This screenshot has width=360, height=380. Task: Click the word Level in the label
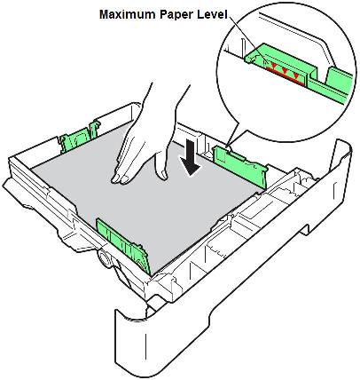[x=213, y=14]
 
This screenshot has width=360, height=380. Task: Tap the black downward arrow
[x=190, y=157]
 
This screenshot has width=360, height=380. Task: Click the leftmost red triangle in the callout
[x=274, y=65]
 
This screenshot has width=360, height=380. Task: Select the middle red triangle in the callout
[x=285, y=70]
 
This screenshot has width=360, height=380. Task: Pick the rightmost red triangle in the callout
[x=296, y=76]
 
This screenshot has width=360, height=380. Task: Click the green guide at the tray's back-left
[x=79, y=136]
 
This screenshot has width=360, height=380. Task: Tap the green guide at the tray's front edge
[x=122, y=245]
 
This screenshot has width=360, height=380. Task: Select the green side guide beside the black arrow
[x=240, y=166]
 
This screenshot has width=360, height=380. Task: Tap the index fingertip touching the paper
[x=116, y=178]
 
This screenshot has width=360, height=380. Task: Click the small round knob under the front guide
[x=104, y=257]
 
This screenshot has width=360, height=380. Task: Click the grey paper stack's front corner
[x=152, y=275]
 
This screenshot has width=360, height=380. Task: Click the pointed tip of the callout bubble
[x=228, y=146]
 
